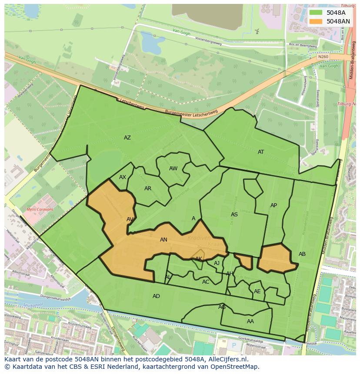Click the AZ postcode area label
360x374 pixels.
[127, 138]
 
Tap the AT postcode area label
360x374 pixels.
[261, 152]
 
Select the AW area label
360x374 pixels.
[173, 169]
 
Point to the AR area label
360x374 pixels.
[148, 189]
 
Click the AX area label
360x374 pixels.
[123, 177]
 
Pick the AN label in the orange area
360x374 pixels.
[163, 240]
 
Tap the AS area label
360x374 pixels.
[234, 215]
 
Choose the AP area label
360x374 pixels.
[273, 205]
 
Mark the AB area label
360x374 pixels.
[302, 254]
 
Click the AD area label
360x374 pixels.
[156, 296]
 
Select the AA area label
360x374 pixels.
[250, 321]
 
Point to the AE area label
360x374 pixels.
[257, 291]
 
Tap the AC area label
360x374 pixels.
[206, 282]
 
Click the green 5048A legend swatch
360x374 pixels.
[316, 13]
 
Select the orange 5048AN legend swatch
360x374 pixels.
[316, 21]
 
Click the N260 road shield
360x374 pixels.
[323, 57]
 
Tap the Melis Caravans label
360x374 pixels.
[40, 209]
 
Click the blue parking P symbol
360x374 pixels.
[234, 346]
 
